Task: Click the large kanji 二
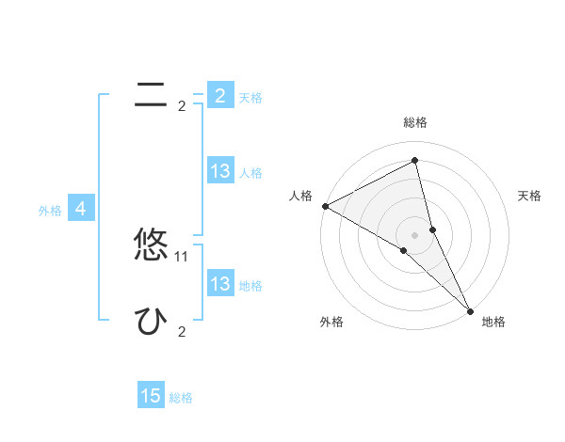click(x=151, y=93)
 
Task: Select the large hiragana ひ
click(x=151, y=321)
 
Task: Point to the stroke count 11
click(x=182, y=256)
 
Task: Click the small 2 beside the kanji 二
click(x=182, y=106)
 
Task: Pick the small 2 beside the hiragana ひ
click(x=182, y=332)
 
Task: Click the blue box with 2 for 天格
click(x=219, y=95)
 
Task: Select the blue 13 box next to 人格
click(x=219, y=171)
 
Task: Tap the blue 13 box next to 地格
click(x=219, y=284)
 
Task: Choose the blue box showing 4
click(x=81, y=209)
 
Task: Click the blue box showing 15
click(x=151, y=396)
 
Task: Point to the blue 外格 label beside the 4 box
click(x=50, y=211)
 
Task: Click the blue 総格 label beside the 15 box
click(x=181, y=398)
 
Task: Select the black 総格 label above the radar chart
click(x=414, y=122)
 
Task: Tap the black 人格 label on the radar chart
click(x=300, y=196)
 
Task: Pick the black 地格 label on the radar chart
click(x=493, y=322)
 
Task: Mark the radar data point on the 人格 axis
click(x=325, y=206)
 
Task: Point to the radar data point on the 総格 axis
click(x=414, y=161)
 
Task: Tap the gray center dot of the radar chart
click(x=414, y=233)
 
